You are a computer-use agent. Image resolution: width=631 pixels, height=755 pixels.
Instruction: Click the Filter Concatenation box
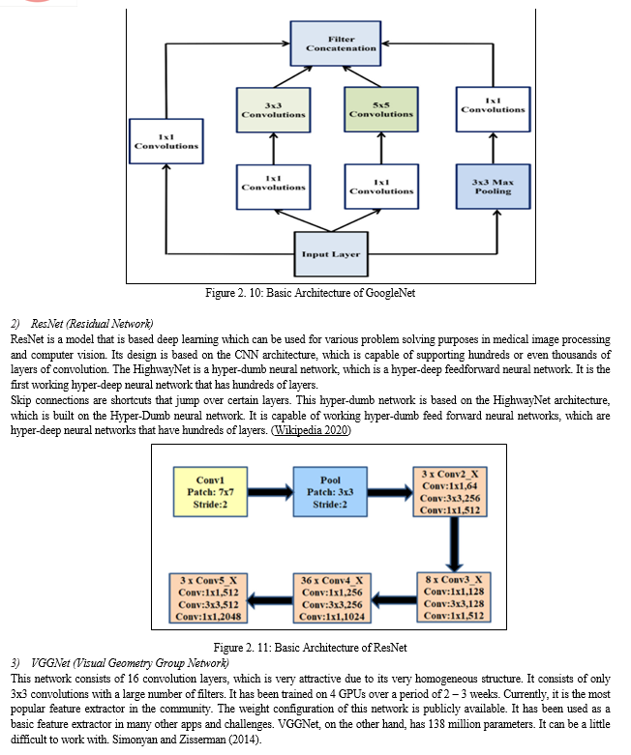click(x=336, y=44)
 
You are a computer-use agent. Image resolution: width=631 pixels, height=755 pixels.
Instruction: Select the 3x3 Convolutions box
click(x=273, y=110)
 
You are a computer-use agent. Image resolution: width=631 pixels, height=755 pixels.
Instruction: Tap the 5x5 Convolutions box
click(x=381, y=109)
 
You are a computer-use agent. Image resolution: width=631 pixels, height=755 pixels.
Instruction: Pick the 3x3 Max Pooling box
click(x=494, y=187)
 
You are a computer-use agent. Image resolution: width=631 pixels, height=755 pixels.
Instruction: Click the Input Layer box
click(x=331, y=254)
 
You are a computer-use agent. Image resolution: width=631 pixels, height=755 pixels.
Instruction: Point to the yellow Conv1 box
click(x=211, y=492)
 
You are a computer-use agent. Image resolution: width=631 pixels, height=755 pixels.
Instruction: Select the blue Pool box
click(x=330, y=492)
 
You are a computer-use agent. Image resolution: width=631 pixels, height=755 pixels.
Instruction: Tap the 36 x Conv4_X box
click(x=332, y=598)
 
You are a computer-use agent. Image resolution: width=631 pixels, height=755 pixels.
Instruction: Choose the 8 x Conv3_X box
click(x=454, y=597)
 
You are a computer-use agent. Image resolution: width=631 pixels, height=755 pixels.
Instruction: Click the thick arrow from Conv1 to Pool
click(x=270, y=492)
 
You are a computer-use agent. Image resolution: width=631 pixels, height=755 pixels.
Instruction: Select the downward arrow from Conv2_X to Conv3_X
click(x=454, y=544)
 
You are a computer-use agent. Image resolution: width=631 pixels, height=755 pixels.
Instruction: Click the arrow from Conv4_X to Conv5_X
click(x=271, y=600)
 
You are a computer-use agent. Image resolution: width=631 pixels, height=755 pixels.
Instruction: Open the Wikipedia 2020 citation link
click(x=312, y=430)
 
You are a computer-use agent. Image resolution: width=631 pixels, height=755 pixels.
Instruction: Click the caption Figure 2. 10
click(x=310, y=293)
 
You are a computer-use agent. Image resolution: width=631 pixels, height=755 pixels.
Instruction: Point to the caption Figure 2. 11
click(x=310, y=648)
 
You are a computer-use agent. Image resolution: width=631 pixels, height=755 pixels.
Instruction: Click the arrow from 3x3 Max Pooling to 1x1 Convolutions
click(x=494, y=148)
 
